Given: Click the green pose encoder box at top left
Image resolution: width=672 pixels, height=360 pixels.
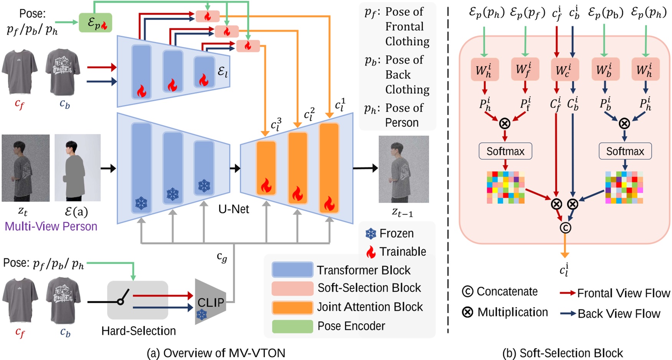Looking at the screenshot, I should (95, 23).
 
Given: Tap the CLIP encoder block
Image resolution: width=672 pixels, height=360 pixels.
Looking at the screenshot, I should (210, 302).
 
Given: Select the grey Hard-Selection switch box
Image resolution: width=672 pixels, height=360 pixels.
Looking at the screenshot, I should (137, 300).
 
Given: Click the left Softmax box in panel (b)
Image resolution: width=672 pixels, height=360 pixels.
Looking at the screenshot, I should (505, 151).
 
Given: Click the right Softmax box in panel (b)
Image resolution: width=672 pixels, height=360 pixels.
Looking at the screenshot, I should (625, 151).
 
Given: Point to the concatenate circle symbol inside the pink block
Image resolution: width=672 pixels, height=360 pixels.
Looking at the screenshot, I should (565, 228).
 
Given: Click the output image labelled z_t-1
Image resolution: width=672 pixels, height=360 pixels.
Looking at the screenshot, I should (404, 169).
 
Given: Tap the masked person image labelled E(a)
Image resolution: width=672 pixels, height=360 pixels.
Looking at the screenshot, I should (77, 168).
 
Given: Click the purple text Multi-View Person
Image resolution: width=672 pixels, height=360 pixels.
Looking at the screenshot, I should (51, 226).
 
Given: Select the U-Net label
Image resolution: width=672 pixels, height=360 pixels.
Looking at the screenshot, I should (234, 209).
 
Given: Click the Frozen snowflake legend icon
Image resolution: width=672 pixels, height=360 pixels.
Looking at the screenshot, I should (371, 233).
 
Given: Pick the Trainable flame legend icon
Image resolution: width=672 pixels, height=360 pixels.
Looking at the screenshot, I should (371, 252).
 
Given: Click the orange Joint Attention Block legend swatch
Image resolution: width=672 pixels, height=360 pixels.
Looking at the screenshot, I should (292, 307).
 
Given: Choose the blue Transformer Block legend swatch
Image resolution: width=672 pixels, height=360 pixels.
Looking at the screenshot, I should (292, 270).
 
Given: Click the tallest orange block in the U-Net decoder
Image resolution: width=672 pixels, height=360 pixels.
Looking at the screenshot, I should (329, 168).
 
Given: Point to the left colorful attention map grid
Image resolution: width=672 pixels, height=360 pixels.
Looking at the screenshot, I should (506, 187).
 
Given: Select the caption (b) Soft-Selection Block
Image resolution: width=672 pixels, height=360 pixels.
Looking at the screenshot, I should (563, 353).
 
